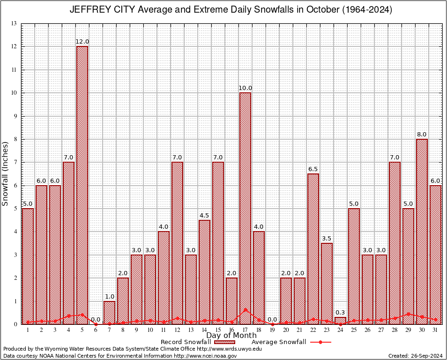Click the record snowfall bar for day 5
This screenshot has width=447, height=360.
[82, 185]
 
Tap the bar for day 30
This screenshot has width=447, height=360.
[422, 232]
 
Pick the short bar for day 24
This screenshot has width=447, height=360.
[340, 321]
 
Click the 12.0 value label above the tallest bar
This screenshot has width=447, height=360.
[82, 42]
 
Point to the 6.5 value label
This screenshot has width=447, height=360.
[313, 169]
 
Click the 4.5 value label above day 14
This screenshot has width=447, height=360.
[204, 215]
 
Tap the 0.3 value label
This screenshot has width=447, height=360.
[340, 312]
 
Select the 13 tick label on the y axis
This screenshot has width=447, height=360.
[14, 23]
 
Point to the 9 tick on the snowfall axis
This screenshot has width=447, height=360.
[15, 116]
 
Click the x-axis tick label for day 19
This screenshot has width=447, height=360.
[272, 330]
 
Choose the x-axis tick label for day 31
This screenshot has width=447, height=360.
[435, 330]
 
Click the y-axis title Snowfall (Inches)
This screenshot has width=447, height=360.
[6, 174]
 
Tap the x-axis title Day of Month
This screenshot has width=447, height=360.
[231, 336]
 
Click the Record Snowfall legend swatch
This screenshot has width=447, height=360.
[226, 342]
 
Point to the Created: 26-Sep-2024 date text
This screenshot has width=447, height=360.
[415, 356]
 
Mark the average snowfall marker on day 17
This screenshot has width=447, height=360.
[245, 310]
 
